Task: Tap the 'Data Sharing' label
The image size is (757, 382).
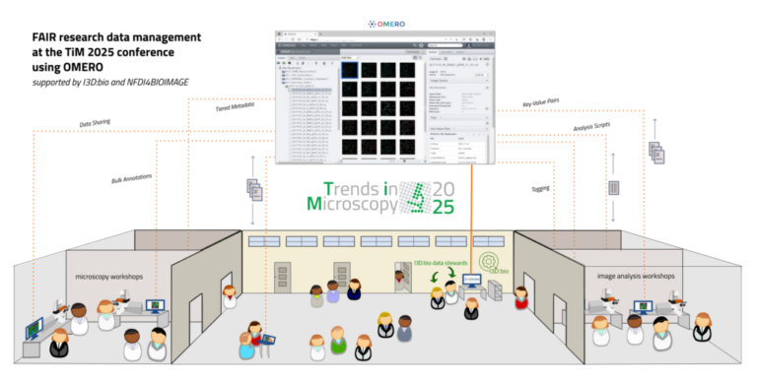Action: [98, 125]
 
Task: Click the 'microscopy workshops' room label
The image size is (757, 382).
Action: [111, 276]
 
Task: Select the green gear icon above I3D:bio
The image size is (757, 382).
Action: [489, 262]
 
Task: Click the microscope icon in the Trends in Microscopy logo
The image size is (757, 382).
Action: [414, 197]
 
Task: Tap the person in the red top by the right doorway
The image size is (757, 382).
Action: [520, 297]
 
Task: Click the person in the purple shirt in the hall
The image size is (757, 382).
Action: [333, 291]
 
